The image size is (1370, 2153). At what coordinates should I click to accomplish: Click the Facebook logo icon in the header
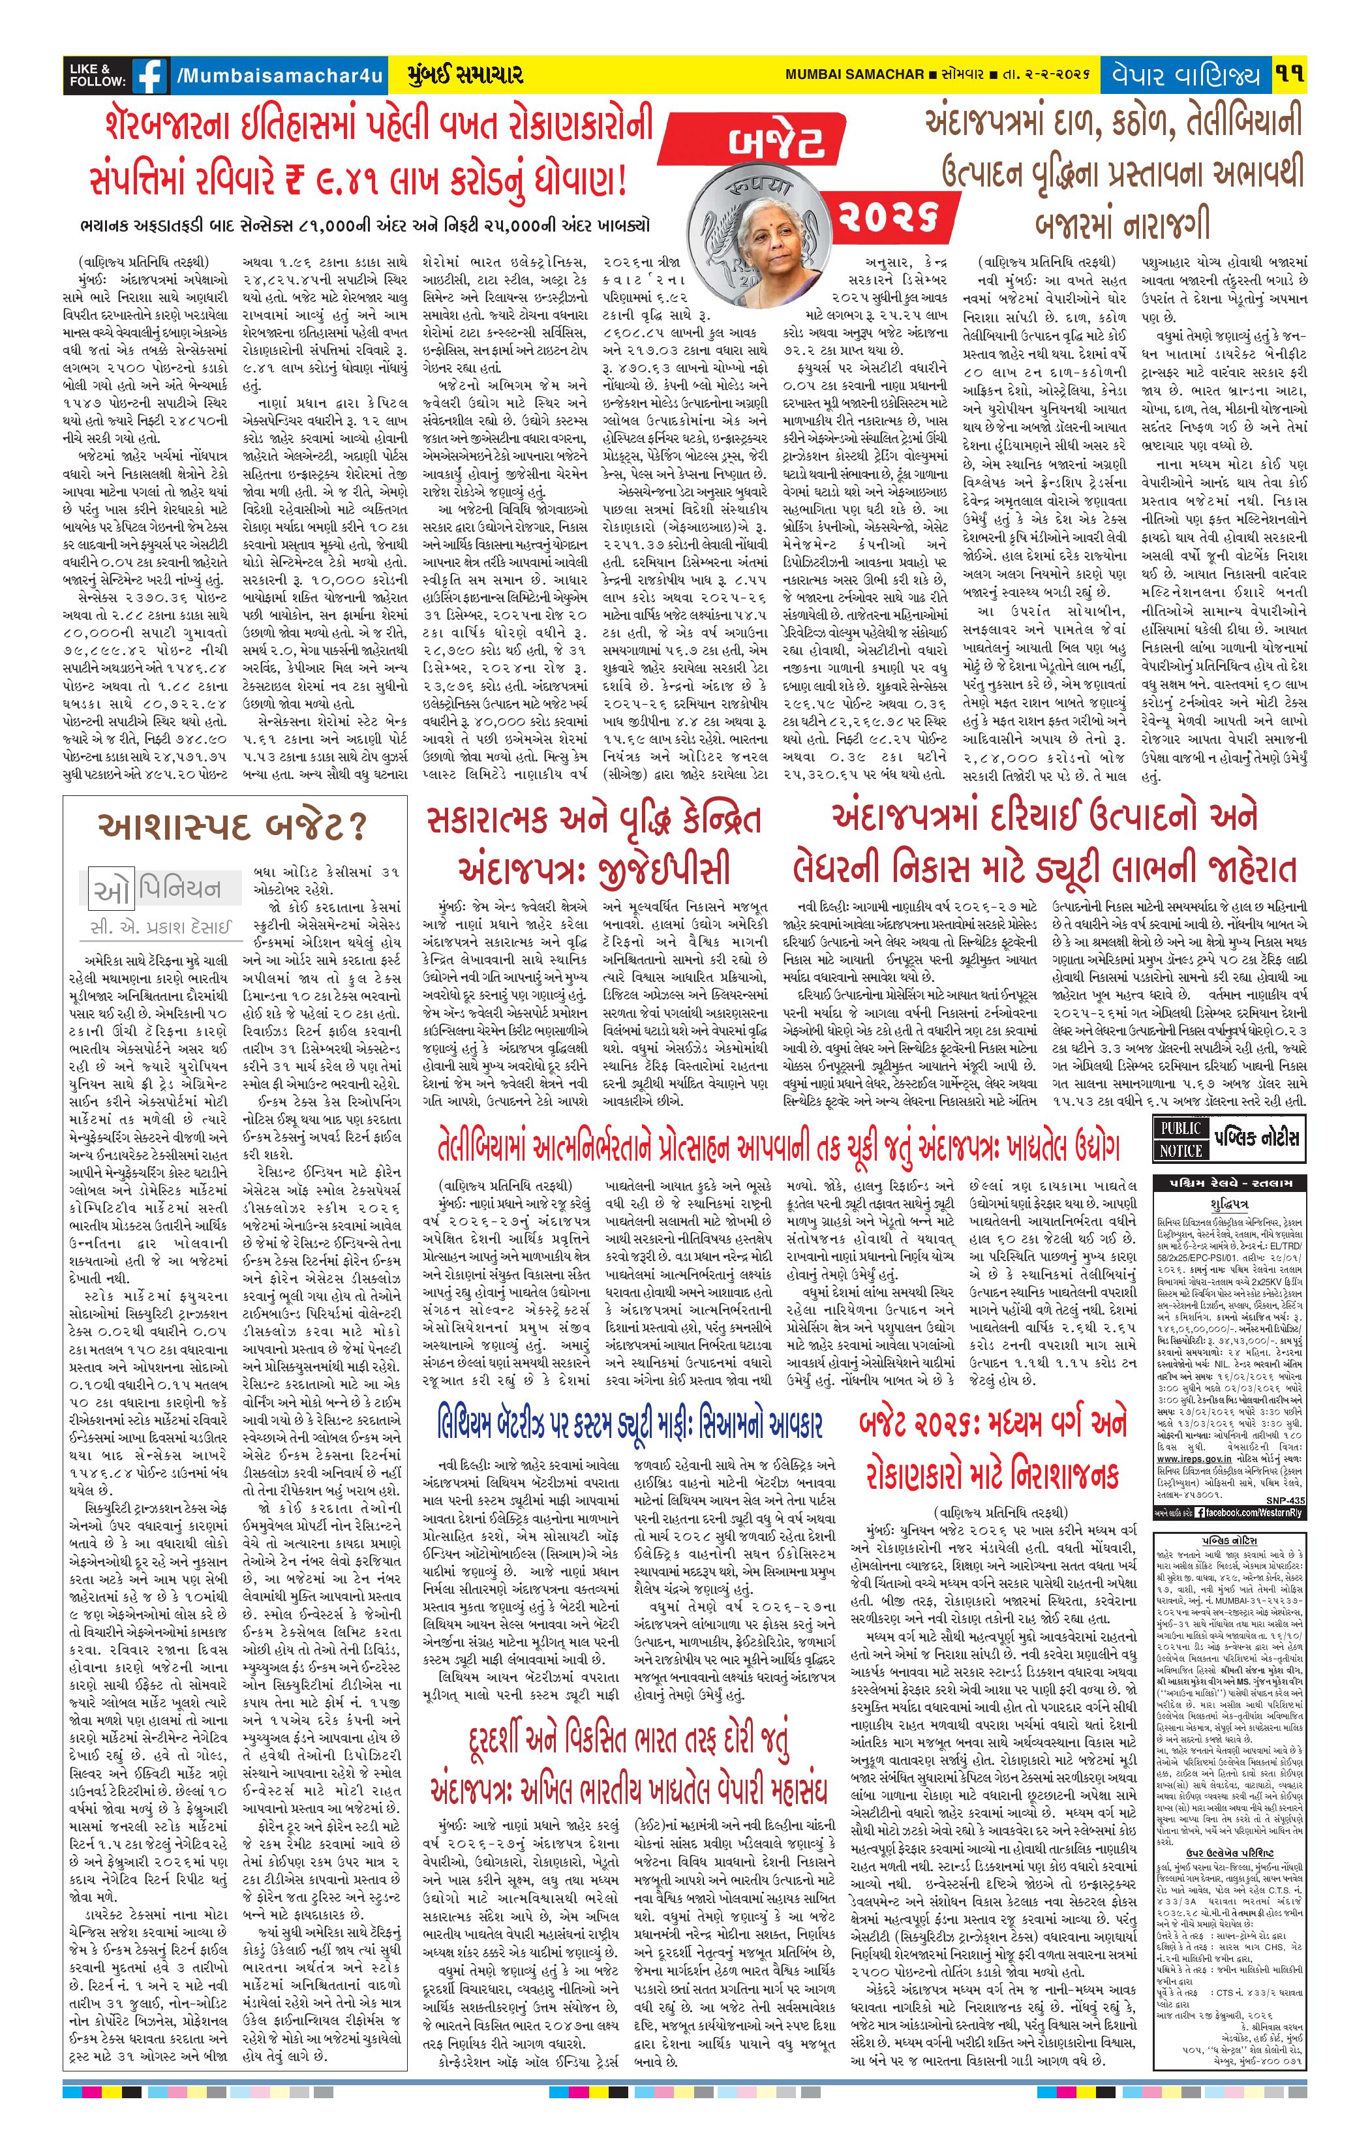pos(149,76)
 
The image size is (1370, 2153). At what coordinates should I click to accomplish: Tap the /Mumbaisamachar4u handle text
pos(278,76)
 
